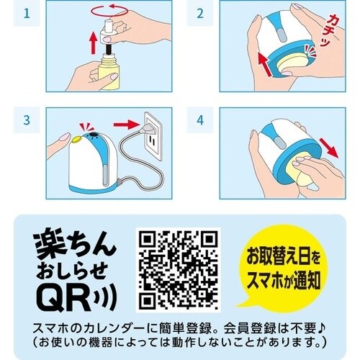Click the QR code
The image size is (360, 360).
(x=178, y=269)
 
